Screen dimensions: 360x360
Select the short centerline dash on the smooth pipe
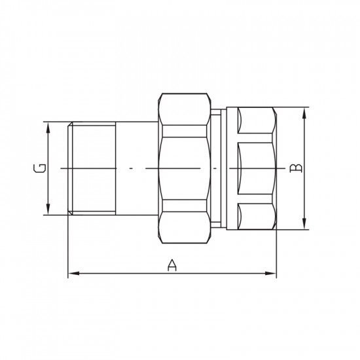pyautogui.click(x=131, y=168)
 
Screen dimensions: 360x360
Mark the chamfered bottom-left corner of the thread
pyautogui.click(x=71, y=213)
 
